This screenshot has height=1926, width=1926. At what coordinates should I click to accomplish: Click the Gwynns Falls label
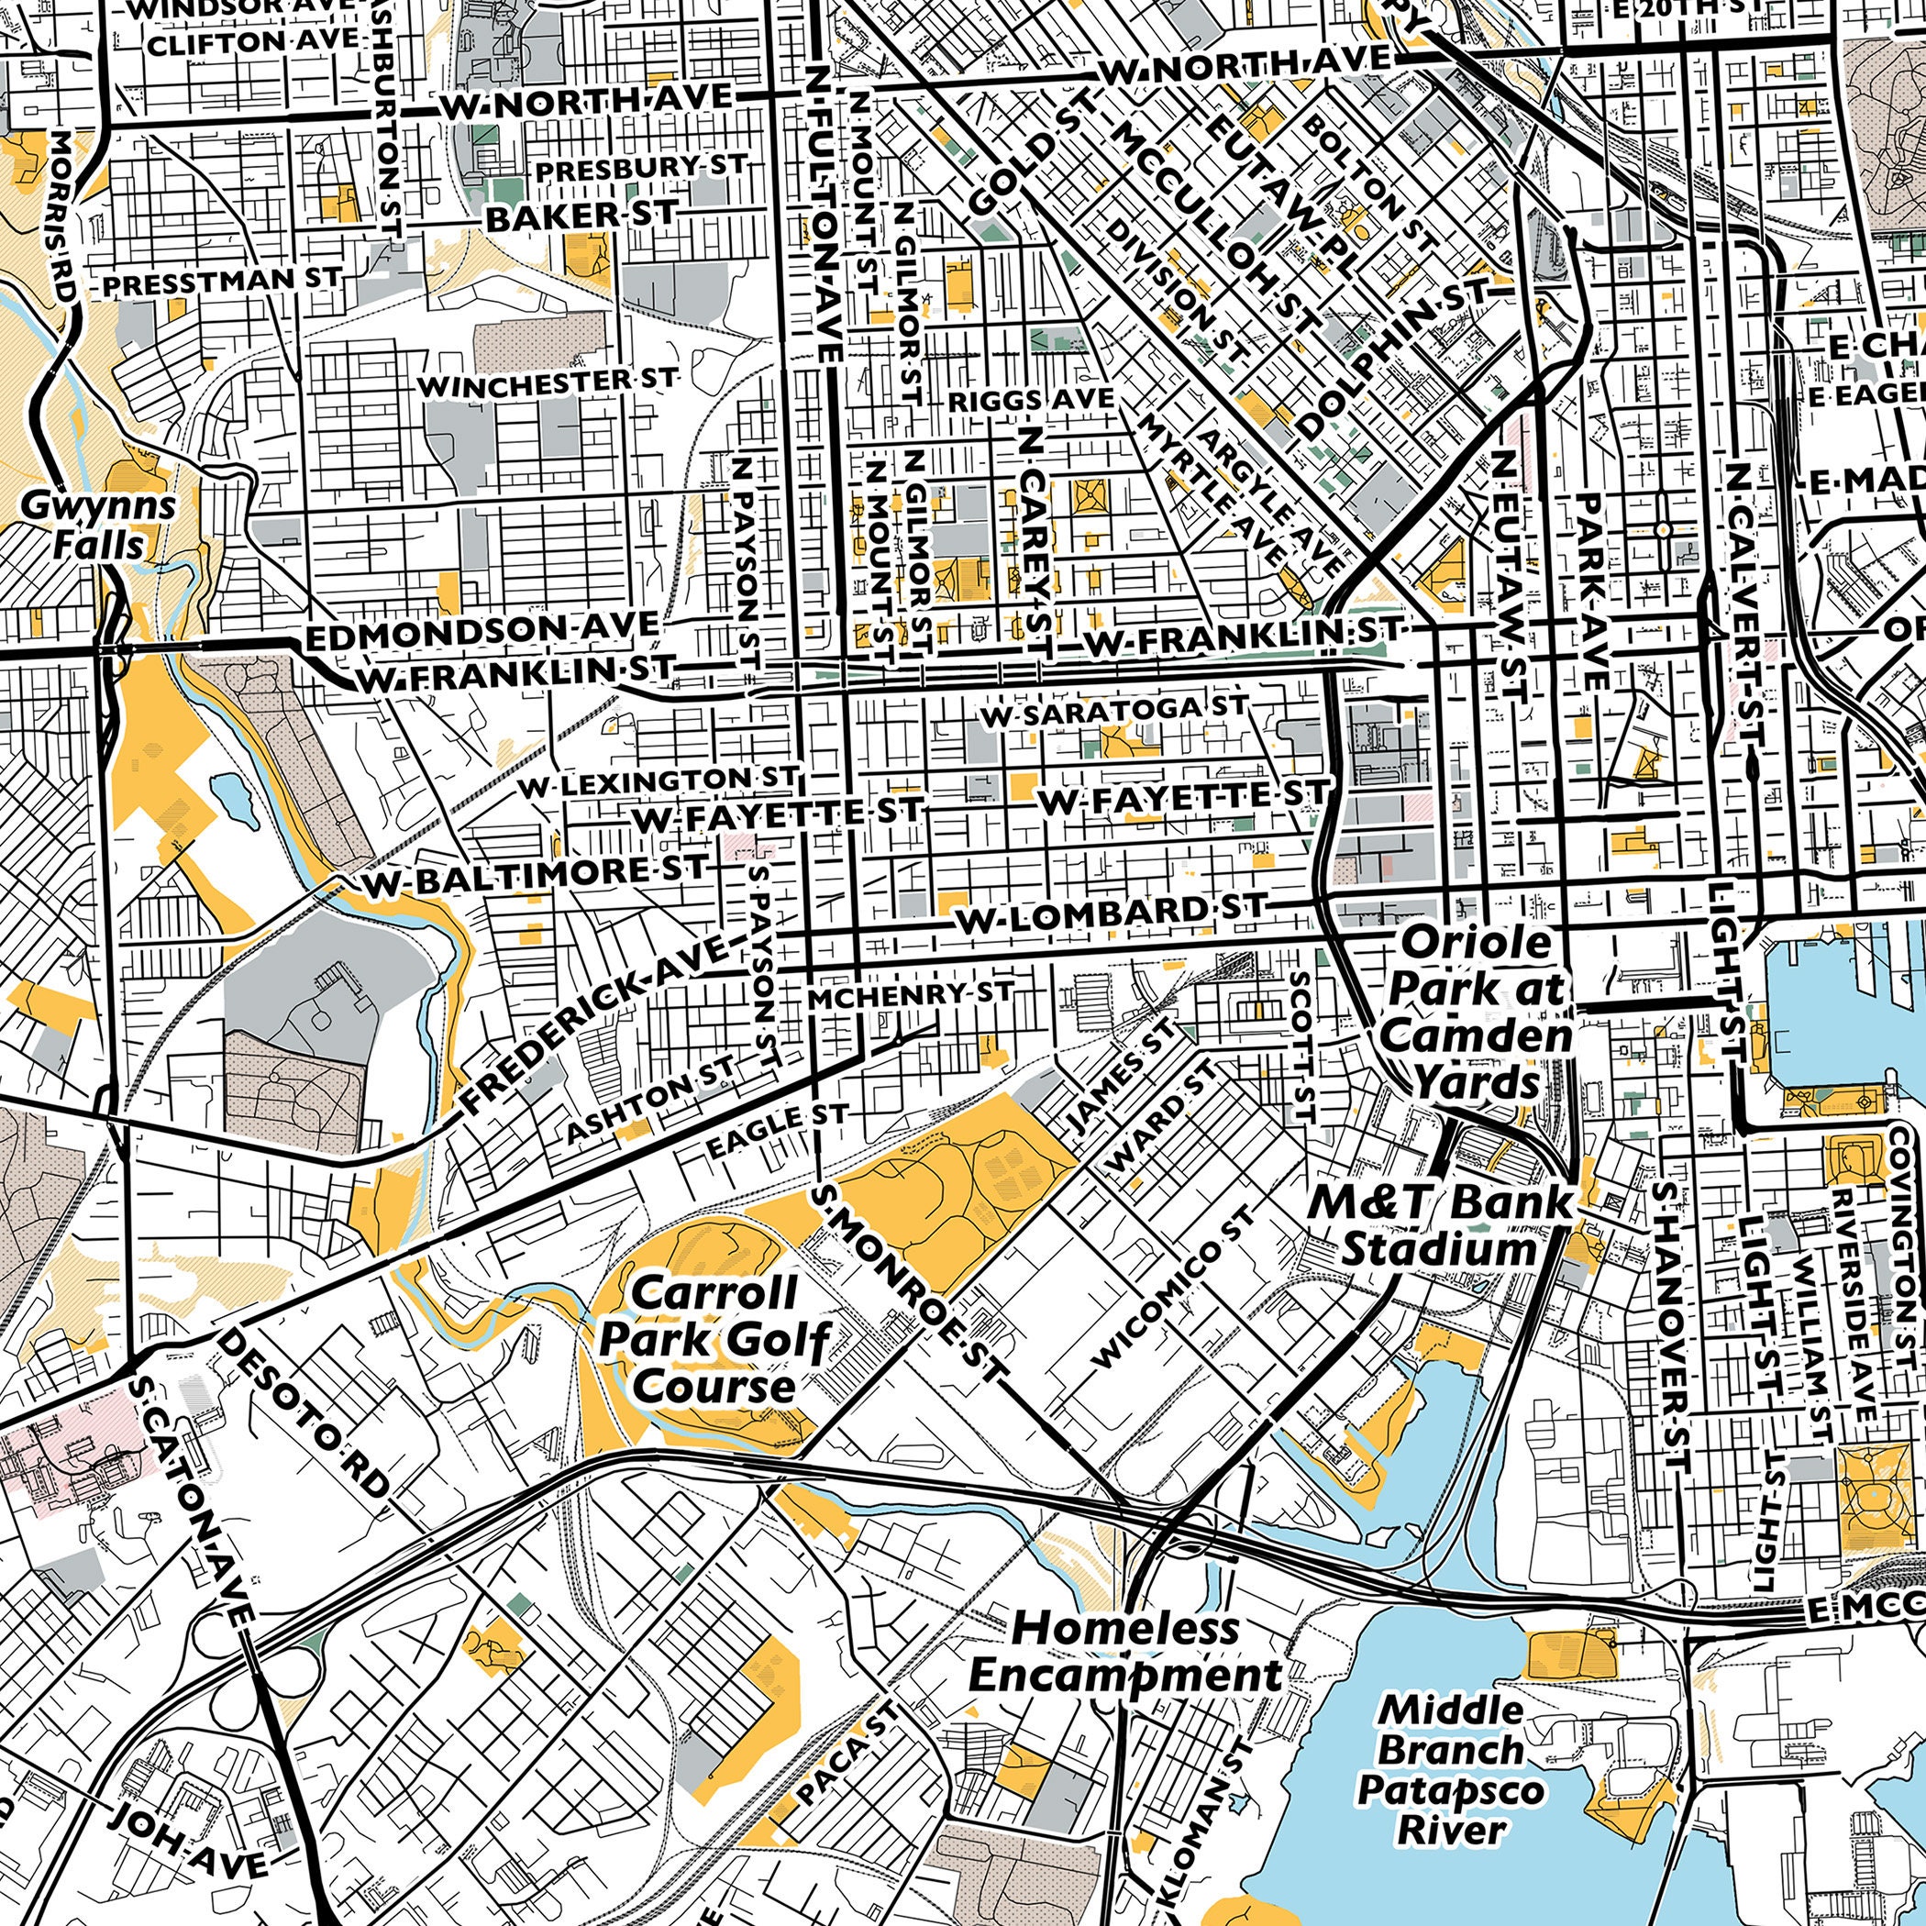pos(98,526)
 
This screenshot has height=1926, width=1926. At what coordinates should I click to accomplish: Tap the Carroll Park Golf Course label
pos(714,1339)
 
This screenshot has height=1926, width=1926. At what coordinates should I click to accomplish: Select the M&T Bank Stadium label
pos(1438,1225)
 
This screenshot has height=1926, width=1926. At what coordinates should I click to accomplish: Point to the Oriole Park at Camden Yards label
pos(1477,1012)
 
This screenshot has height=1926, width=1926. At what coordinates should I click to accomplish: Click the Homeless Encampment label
pos(1125,1652)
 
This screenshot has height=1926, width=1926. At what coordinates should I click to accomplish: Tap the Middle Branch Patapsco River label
pos(1451,1769)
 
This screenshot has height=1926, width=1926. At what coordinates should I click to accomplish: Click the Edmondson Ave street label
pos(481,631)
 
